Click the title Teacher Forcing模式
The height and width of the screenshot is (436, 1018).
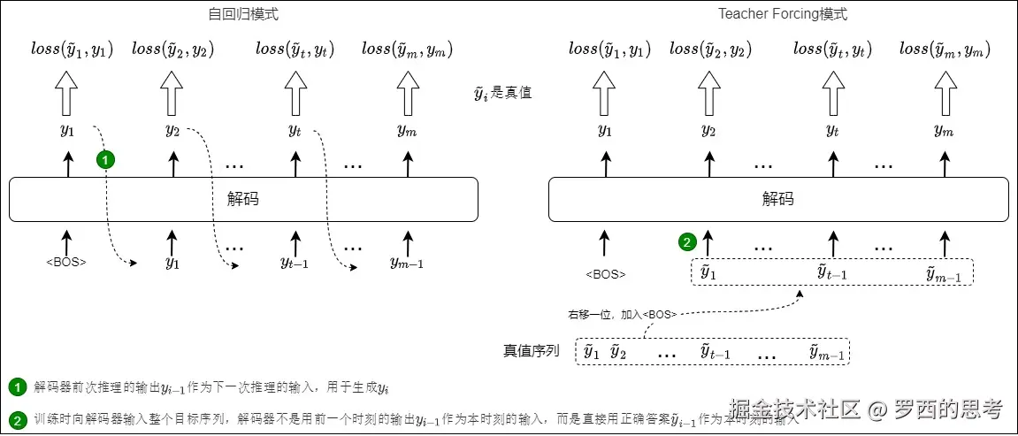(x=783, y=13)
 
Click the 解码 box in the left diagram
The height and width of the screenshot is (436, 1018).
(x=243, y=200)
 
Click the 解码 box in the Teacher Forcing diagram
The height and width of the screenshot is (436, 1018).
(x=778, y=200)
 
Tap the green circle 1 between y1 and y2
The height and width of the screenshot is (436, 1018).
(x=106, y=160)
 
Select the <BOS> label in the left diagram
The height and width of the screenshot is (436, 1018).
(x=66, y=263)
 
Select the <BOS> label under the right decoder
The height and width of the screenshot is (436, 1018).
(x=606, y=274)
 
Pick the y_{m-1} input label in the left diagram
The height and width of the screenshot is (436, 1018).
(x=407, y=262)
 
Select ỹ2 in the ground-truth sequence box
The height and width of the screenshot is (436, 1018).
(x=618, y=353)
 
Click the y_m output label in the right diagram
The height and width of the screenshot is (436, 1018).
(x=944, y=132)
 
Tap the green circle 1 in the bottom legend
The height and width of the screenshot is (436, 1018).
(x=17, y=387)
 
